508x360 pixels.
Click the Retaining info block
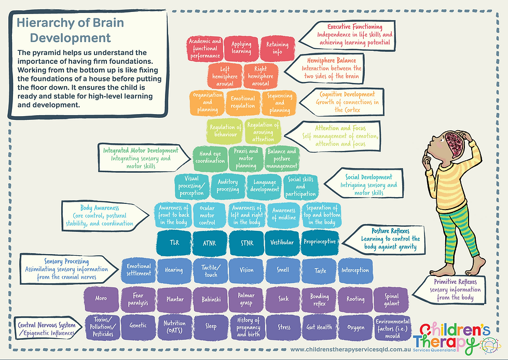[x=278, y=48]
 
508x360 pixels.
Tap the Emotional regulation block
[x=243, y=102]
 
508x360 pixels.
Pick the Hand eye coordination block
[x=213, y=157]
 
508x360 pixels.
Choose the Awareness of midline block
[x=284, y=214]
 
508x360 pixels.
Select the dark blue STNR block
[x=248, y=242]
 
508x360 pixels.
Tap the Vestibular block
[x=283, y=242]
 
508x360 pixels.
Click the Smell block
[x=283, y=270]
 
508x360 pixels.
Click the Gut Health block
[x=320, y=327]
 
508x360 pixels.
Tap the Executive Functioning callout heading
[x=355, y=26]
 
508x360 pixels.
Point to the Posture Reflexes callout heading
[x=391, y=230]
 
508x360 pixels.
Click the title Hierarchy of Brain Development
[x=70, y=30]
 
